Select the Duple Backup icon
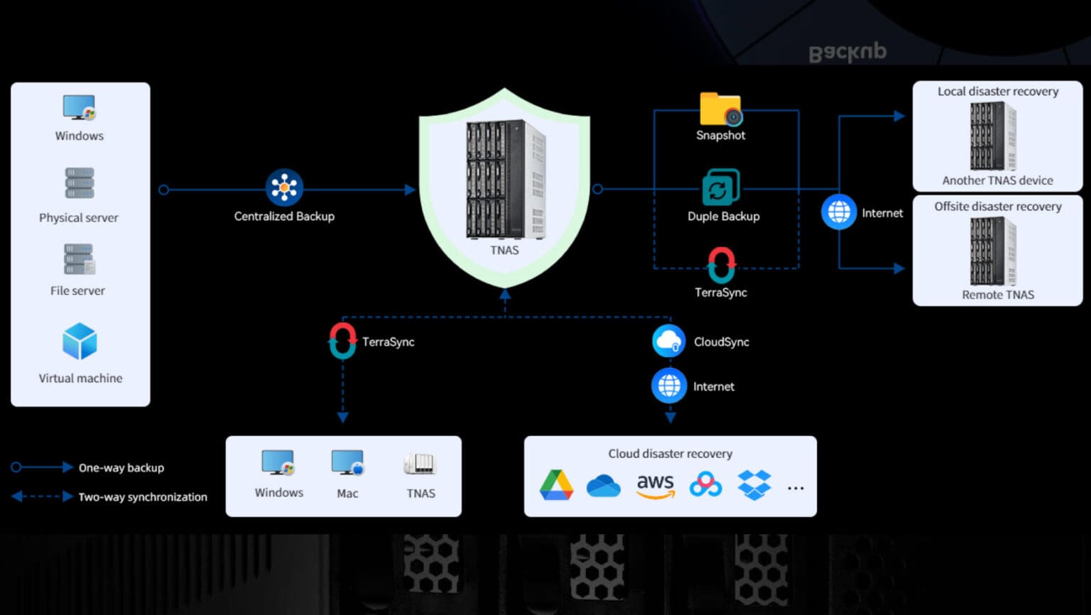point(720,188)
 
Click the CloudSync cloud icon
point(668,341)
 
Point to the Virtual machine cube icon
point(80,342)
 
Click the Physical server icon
point(80,183)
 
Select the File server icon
point(80,259)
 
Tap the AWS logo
point(655,486)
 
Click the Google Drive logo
point(556,486)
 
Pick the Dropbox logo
point(754,486)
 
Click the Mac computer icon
point(347,463)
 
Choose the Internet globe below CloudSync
point(668,386)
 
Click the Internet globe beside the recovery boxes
point(839,212)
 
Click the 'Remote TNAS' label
point(997,295)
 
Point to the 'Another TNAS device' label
point(997,180)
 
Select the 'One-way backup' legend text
point(121,467)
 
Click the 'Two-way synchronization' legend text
point(143,497)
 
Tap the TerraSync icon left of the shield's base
point(342,341)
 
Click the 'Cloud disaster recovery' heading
point(670,453)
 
